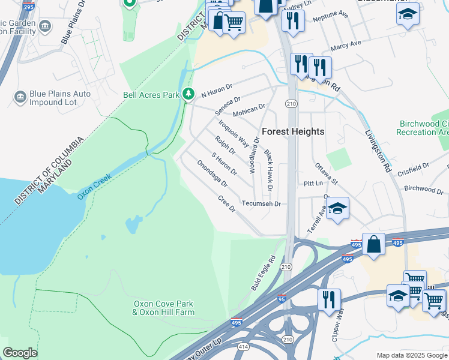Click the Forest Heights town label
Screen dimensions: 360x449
click(x=292, y=131)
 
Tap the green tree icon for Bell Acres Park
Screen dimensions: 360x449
click(x=188, y=94)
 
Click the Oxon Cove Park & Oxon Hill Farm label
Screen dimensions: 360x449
click(x=163, y=308)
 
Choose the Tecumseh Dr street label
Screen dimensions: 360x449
click(x=261, y=204)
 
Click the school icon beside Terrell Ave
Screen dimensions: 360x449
click(x=338, y=209)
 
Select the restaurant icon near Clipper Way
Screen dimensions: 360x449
click(x=328, y=298)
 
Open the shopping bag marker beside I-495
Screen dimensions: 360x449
click(x=373, y=244)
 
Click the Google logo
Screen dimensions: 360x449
click(x=20, y=353)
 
